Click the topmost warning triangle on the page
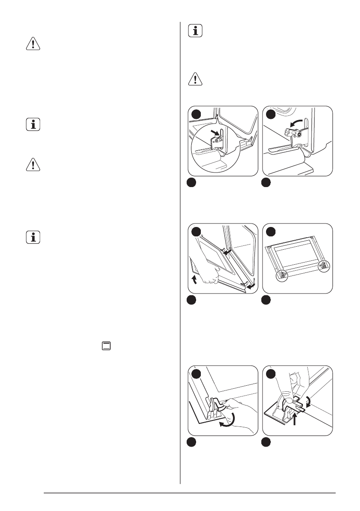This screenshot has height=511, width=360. [x=32, y=45]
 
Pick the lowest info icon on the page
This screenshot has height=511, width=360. [x=32, y=237]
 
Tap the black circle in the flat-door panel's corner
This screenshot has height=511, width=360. [x=267, y=232]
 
